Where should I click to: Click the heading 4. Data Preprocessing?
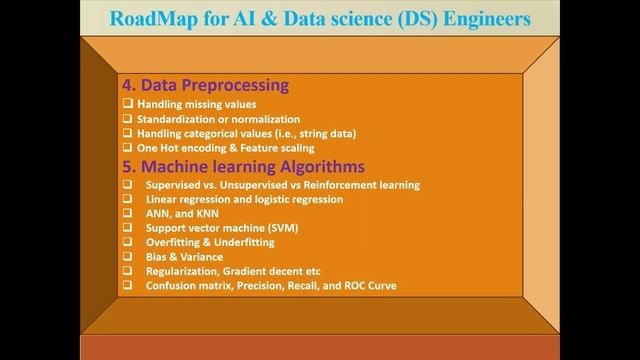tap(205, 85)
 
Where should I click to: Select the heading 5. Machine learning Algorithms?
tap(242, 166)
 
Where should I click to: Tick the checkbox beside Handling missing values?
tap(127, 104)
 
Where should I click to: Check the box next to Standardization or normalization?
tap(127, 118)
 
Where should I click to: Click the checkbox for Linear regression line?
tap(127, 199)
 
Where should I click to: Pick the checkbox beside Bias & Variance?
tap(127, 256)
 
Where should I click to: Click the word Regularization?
tap(182, 271)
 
